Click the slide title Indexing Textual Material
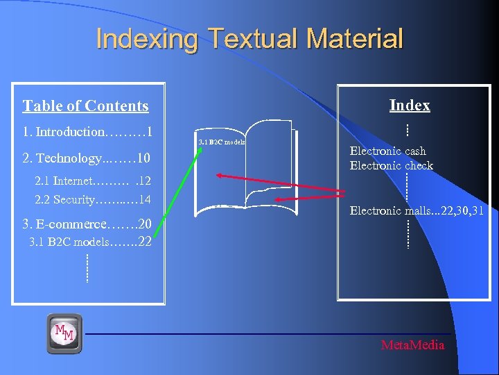tap(249, 38)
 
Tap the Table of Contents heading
tap(85, 106)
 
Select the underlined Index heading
tap(410, 105)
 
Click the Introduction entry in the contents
tap(69, 131)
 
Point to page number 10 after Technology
tap(144, 158)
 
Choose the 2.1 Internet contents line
tap(93, 181)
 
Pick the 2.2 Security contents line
tap(93, 200)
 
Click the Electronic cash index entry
tap(387, 151)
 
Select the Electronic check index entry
tap(391, 165)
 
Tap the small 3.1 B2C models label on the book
tap(222, 142)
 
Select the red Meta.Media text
tap(412, 345)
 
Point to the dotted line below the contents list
tap(87, 268)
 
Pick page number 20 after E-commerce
tap(145, 224)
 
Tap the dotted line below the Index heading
tap(408, 129)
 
